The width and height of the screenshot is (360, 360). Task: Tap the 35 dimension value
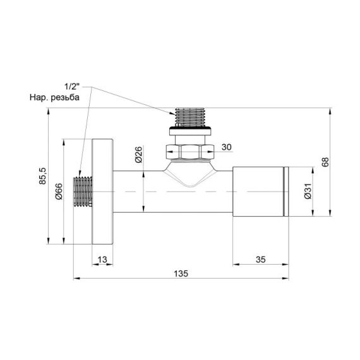pos(261,258)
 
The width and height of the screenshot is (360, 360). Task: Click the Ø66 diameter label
pos(58,191)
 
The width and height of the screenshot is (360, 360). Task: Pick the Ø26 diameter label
pos(138,153)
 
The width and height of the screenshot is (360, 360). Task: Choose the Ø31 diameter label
pos(308,191)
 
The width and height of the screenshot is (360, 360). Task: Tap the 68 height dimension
pos(325,162)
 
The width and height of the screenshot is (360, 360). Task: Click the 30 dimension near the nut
pos(227,147)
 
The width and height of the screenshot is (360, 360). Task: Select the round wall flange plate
pos(102,191)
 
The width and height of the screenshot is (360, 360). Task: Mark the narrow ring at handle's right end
pos(287,191)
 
